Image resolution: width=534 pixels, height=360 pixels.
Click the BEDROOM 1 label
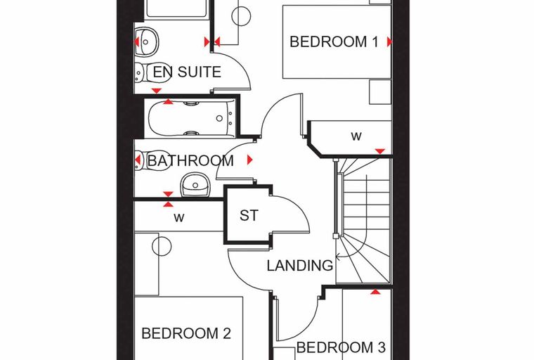334,41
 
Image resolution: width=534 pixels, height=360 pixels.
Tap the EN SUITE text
187,72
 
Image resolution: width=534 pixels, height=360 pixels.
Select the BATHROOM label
190,160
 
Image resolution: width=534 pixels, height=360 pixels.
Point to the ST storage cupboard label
249,215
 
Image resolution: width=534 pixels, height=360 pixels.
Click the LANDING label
300,266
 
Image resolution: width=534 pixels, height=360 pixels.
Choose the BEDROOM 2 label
186,333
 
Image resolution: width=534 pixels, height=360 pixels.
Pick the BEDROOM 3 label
341,347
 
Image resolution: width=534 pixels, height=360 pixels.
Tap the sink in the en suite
146,42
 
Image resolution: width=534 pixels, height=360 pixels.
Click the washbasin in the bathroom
195,185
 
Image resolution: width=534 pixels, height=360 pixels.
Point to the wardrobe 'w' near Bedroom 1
356,136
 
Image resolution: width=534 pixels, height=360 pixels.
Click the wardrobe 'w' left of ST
178,217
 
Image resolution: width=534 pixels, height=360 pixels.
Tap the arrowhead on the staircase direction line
338,256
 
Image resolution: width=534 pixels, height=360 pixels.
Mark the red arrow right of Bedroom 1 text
389,42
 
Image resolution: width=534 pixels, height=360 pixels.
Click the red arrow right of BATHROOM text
250,160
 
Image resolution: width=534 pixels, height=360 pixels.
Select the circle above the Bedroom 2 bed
162,246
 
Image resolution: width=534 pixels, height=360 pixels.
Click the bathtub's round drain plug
219,118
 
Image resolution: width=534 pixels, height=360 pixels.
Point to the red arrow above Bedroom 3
375,292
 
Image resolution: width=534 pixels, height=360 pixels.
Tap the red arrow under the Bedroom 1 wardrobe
380,151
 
